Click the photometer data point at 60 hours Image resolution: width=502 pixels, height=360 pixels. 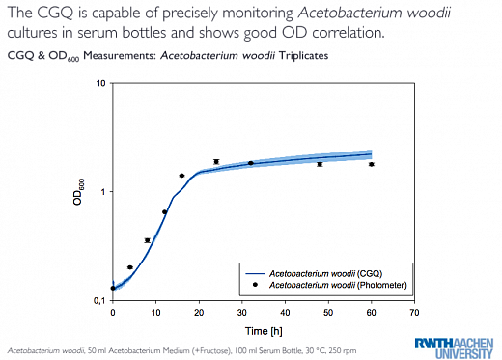click(x=372, y=164)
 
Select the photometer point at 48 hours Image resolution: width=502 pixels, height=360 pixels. click(x=320, y=164)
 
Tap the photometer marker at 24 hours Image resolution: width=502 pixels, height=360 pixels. click(x=216, y=162)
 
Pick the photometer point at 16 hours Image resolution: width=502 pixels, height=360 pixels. click(x=181, y=176)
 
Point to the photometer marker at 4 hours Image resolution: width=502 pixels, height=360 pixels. click(x=130, y=267)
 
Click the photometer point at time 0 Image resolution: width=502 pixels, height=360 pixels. click(x=113, y=288)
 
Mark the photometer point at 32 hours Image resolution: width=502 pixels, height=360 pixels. click(x=251, y=163)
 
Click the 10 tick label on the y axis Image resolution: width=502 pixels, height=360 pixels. click(x=100, y=83)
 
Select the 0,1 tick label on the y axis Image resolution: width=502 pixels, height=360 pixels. click(x=99, y=300)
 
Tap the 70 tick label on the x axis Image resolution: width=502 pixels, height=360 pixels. click(x=414, y=313)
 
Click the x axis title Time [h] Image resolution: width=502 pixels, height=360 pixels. click(x=264, y=331)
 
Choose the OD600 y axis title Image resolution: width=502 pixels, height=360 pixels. click(x=78, y=192)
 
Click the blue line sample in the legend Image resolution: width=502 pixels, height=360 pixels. click(x=255, y=274)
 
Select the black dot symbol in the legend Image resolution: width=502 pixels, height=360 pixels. click(x=255, y=285)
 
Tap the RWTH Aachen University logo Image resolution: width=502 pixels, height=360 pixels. click(x=454, y=347)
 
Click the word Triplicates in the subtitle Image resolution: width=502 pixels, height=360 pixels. click(x=303, y=56)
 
